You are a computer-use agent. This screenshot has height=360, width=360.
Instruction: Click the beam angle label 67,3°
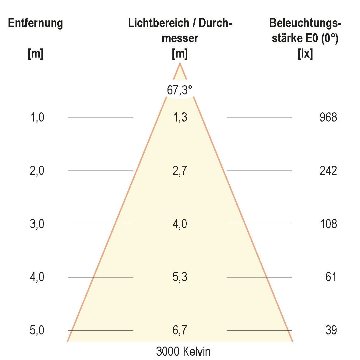point(180,90)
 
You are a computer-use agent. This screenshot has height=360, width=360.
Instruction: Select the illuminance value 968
point(328,118)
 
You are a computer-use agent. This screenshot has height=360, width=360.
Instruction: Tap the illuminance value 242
point(328,171)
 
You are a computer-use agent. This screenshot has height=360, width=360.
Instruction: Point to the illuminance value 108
point(328,224)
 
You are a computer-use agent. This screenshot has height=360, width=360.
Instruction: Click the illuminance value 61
point(331,277)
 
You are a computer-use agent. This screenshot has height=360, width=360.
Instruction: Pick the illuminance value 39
point(331,330)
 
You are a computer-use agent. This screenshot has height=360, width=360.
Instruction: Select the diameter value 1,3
point(180,118)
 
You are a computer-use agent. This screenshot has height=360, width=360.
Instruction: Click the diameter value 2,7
point(180,171)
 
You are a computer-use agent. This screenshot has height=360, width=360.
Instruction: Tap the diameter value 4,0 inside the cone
point(180,224)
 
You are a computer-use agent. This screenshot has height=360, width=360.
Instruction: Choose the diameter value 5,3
point(180,277)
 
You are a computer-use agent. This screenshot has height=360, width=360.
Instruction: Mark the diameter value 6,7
point(180,330)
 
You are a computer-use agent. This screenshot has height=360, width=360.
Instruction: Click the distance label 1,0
point(37,118)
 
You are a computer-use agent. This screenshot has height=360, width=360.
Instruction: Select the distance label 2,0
point(37,171)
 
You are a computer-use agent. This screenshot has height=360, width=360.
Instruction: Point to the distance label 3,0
point(37,224)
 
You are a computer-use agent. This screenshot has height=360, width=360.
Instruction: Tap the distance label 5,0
point(37,330)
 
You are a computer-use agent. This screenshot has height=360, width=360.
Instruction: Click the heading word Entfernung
point(35,23)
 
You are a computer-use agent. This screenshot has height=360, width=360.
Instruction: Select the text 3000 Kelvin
point(183,352)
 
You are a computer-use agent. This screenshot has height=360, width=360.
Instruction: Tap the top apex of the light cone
point(180,64)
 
